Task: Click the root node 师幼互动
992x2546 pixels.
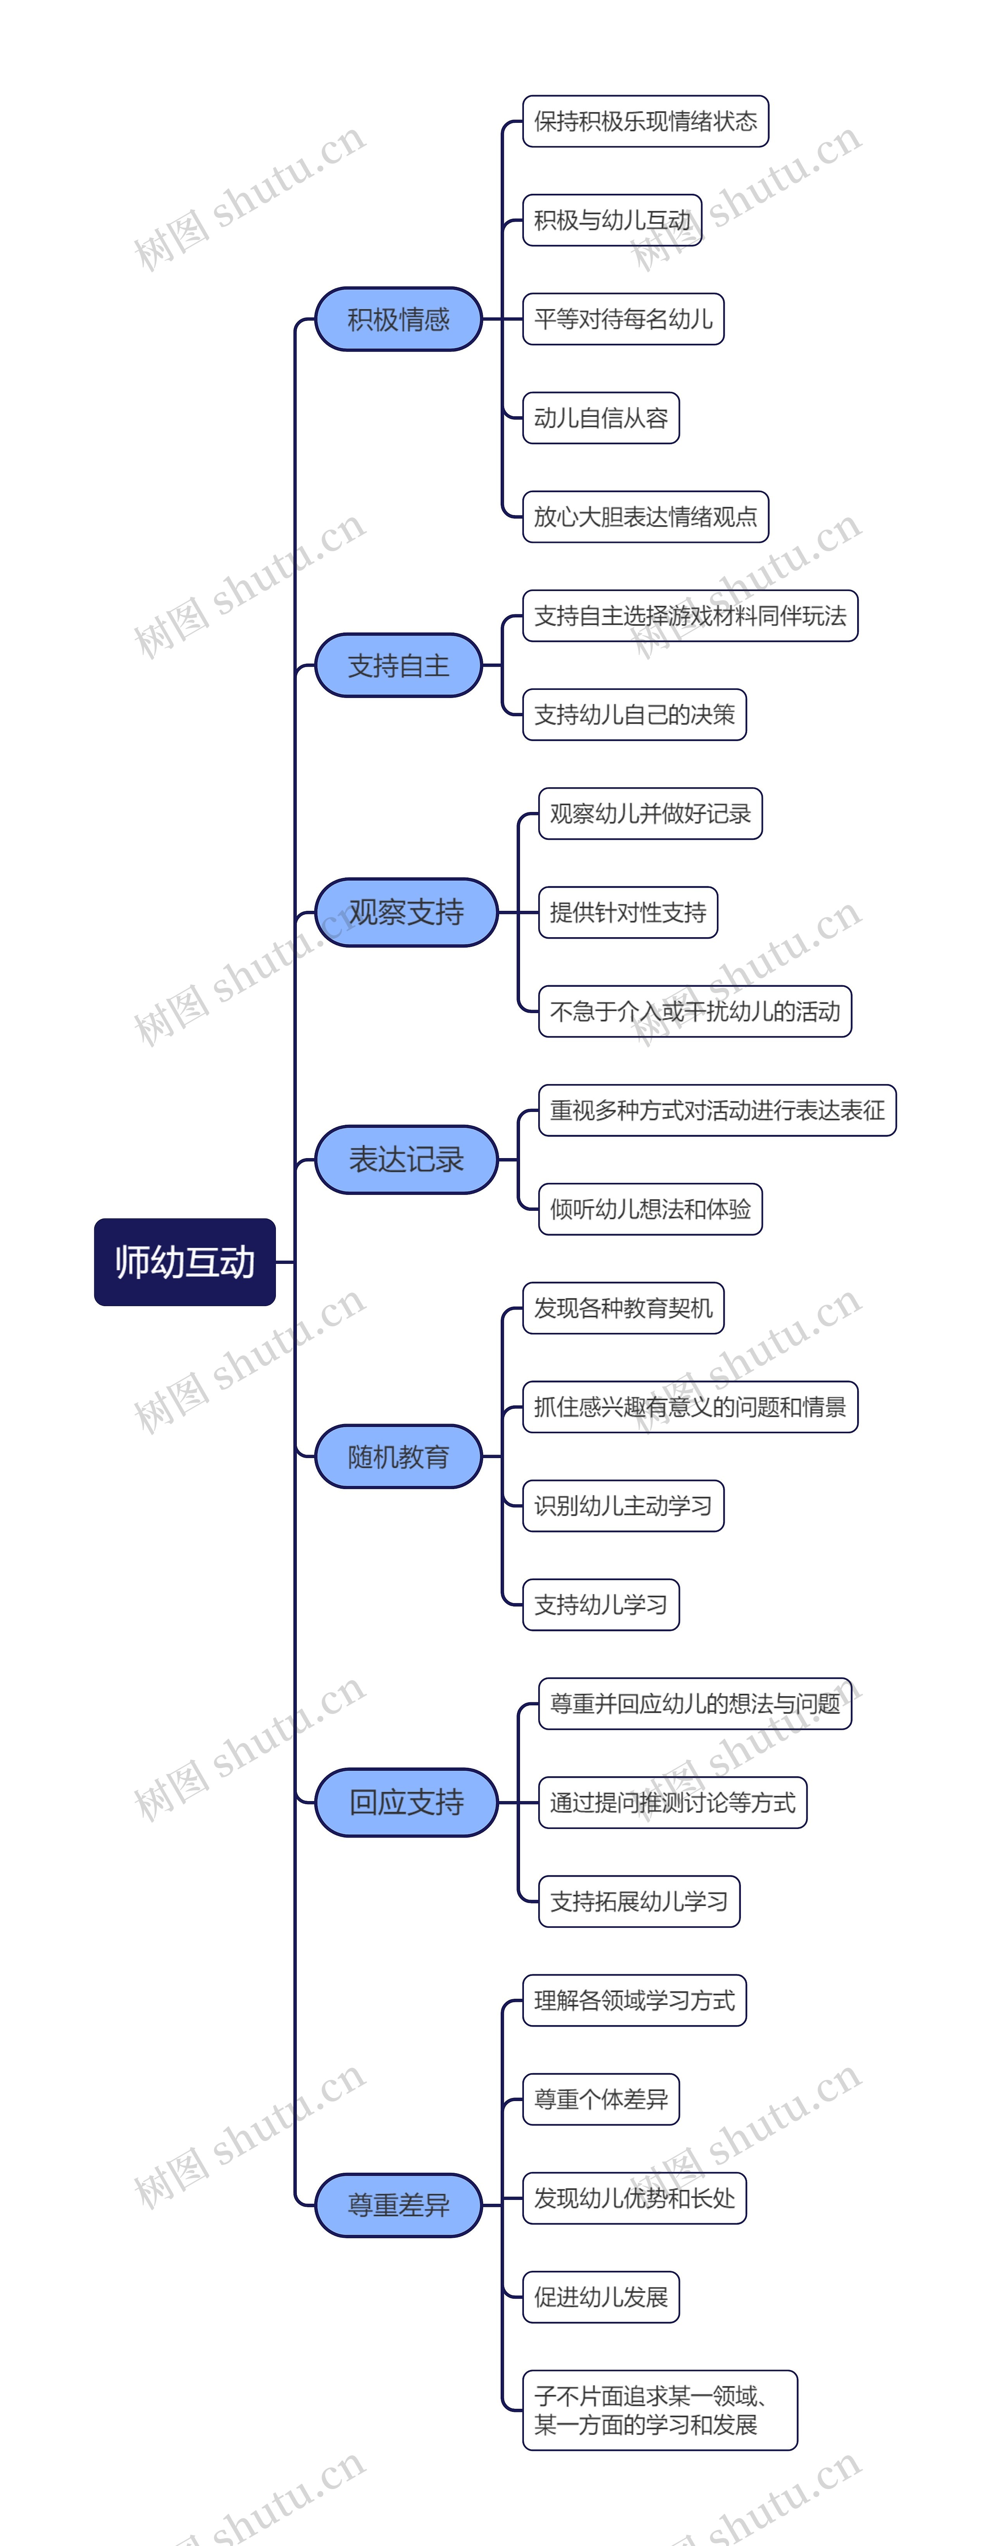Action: point(185,1262)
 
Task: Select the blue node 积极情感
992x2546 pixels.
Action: point(398,319)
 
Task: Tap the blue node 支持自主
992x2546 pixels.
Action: point(398,665)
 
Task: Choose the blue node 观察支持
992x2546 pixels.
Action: point(406,912)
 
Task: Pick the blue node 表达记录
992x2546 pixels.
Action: point(406,1159)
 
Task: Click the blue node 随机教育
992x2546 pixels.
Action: point(398,1456)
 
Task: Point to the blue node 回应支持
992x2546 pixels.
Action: point(406,1802)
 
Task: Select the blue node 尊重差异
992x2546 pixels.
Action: point(398,2205)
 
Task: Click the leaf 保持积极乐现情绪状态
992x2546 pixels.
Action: point(645,122)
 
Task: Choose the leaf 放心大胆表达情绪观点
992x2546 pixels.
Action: point(645,517)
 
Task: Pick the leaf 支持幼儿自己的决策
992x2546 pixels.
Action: point(634,715)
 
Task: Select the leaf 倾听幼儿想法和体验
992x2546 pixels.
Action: point(650,1209)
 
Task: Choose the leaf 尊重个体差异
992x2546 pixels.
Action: point(601,2098)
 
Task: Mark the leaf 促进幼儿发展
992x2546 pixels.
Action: point(601,2296)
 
